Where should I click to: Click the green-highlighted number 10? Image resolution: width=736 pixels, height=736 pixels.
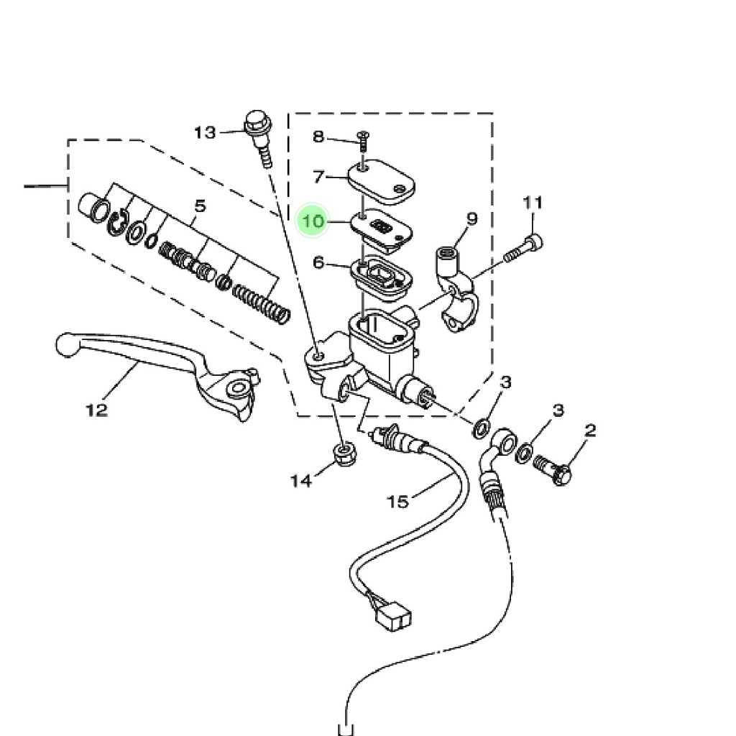[x=313, y=221]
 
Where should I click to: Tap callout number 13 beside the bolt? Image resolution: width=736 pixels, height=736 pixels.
[x=205, y=133]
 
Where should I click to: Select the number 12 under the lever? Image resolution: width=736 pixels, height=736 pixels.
[x=97, y=410]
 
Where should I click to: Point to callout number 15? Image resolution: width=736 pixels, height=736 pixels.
[x=397, y=502]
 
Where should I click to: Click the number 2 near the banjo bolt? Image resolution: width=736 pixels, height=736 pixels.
[x=591, y=430]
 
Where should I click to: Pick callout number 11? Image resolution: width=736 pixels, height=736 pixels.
[x=533, y=203]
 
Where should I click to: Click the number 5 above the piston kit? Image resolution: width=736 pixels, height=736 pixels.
[x=200, y=206]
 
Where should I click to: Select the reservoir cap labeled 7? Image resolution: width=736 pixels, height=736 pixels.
[x=382, y=182]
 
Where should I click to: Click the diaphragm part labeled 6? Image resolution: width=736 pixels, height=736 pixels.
[x=381, y=278]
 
